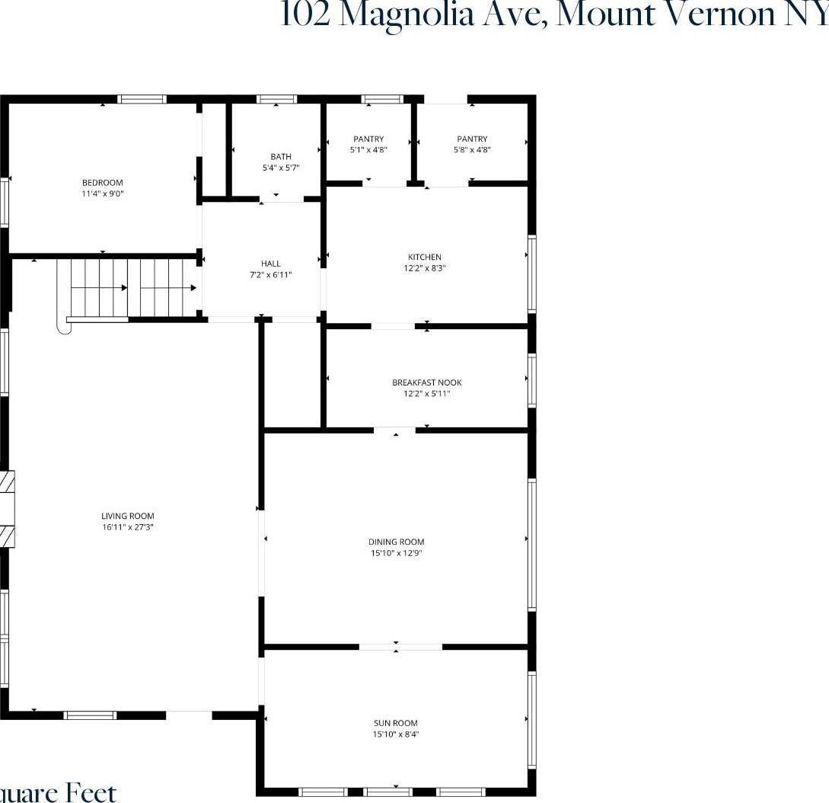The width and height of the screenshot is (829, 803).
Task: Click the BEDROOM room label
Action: pos(102,183)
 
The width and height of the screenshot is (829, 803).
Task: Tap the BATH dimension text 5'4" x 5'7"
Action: pos(281,168)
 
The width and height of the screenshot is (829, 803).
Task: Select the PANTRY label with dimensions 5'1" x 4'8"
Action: pos(368,139)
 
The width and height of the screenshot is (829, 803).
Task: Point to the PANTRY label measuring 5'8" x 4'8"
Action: pos(472,139)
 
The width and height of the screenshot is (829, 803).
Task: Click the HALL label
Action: pos(270,264)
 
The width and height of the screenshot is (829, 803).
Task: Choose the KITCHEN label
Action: pos(423,258)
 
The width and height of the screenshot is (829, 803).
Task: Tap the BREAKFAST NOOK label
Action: pos(426,382)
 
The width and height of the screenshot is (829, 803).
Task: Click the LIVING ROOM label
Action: pos(128,516)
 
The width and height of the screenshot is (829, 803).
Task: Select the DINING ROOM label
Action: pos(396,542)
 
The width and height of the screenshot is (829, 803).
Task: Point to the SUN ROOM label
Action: pos(396,723)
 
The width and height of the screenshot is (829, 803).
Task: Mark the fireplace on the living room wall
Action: pos(7,508)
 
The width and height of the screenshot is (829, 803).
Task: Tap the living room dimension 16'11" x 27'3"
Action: pos(128,527)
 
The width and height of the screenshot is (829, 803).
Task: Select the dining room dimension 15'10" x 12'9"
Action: pos(396,554)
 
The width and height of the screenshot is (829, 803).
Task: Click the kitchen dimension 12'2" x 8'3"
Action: pos(423,268)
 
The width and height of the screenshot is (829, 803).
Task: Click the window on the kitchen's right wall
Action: pos(532,274)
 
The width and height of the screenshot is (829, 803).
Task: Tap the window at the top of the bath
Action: pos(276,99)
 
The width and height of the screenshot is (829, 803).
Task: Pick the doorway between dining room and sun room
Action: pos(400,647)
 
